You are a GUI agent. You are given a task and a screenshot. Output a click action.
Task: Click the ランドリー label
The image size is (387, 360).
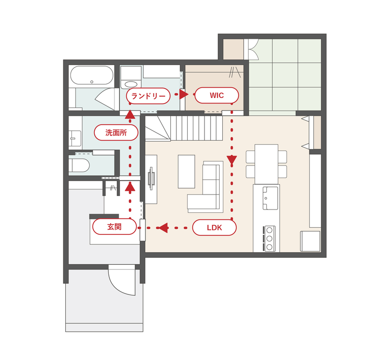coord(148,96)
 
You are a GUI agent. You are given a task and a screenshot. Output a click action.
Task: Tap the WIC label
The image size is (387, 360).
coord(217,95)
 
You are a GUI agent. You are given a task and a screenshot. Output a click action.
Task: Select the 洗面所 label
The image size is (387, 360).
coord(116,133)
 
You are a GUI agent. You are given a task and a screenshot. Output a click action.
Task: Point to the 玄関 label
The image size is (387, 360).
coord(114,227)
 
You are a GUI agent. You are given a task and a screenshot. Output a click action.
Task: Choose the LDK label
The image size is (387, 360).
coord(214,227)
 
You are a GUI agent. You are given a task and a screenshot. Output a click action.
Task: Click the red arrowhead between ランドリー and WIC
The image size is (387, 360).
coord(183,94)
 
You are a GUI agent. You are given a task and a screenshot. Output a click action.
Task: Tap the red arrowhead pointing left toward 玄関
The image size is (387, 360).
coord(163,228)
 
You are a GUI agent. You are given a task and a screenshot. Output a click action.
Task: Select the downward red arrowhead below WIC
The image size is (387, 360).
coord(232,160)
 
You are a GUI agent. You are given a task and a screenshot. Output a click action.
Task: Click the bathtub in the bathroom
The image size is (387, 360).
coord(92,75)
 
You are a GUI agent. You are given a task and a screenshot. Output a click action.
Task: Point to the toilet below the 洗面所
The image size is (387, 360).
coord(79,165)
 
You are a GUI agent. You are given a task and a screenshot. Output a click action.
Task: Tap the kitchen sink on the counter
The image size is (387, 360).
coord(270,198)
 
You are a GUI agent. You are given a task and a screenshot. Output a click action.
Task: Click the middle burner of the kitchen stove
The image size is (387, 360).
coord(269,239)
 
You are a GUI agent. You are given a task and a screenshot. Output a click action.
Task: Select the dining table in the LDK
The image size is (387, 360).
coord(266,164)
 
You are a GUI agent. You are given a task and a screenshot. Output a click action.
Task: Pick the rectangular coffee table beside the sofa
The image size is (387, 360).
coord(186,172)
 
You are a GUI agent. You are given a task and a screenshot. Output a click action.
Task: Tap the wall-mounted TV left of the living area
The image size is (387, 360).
coord(152,178)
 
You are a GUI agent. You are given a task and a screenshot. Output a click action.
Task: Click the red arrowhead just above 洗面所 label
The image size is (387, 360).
coord(130,114)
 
